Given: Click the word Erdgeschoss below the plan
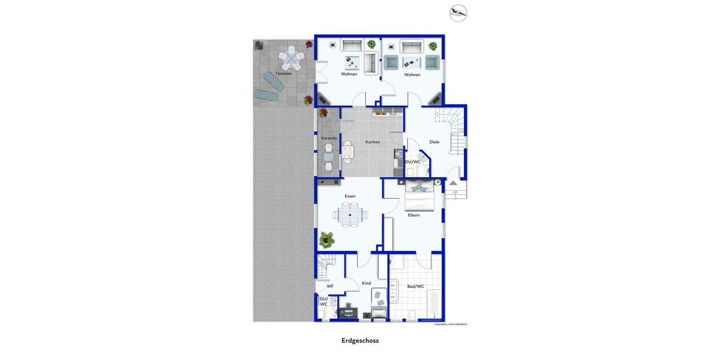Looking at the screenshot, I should pos(360,340).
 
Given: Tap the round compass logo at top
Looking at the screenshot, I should pos(458,13).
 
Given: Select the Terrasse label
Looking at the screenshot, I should pos(283,73).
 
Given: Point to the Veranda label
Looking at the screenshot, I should pos(329,138).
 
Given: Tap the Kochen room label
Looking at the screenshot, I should pos(373,142).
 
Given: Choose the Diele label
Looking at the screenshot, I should pos(434,142).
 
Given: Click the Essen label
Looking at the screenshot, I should pos(350,196).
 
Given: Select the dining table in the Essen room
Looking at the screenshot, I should pos(350,214).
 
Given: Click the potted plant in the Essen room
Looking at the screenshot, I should pos(328,239).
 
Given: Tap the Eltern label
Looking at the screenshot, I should pos(413,215).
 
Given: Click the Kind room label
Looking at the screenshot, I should pos(366,283).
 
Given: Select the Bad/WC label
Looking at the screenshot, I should pos(416,286).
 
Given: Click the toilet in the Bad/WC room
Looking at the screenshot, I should pos(412,315).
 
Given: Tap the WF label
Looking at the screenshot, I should pos(330,286).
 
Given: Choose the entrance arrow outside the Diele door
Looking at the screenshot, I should pos(454,182).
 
